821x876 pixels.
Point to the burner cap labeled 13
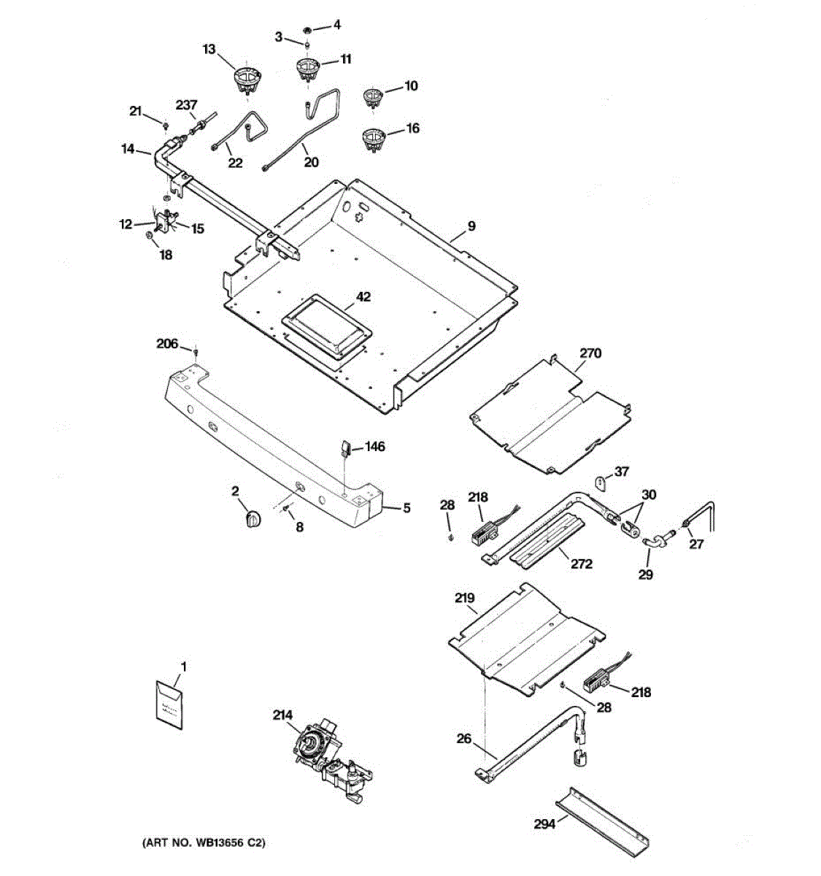point(247,77)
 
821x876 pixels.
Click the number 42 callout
point(363,296)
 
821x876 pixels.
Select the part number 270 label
point(590,353)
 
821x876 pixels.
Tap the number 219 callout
point(465,597)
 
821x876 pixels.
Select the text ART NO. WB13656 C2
point(203,843)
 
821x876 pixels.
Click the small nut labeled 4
point(308,30)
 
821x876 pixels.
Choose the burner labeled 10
point(374,96)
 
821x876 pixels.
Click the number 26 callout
point(464,739)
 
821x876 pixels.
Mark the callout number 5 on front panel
point(406,507)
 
